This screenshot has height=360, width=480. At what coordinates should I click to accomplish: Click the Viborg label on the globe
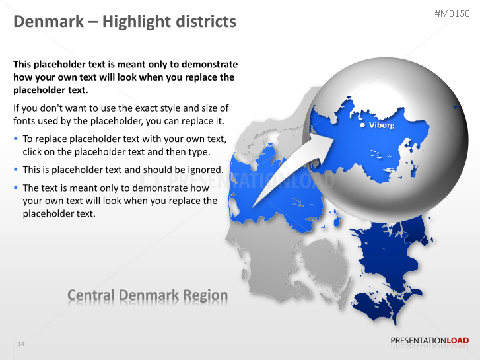coord(382,126)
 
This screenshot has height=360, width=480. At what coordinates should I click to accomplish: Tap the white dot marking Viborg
coord(362,125)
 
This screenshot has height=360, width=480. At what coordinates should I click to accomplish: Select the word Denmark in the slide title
coord(46,22)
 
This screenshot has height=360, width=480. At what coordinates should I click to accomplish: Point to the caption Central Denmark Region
coord(147,295)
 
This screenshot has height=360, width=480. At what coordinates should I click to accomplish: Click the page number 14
coord(21,344)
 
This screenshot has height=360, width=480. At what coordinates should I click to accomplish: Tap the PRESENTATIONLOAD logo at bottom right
coord(429,341)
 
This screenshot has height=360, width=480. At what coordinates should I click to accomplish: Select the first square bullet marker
coord(16,139)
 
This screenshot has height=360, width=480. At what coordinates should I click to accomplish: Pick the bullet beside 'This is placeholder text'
coord(16,170)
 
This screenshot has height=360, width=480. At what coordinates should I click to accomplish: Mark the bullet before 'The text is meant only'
coord(16,188)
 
